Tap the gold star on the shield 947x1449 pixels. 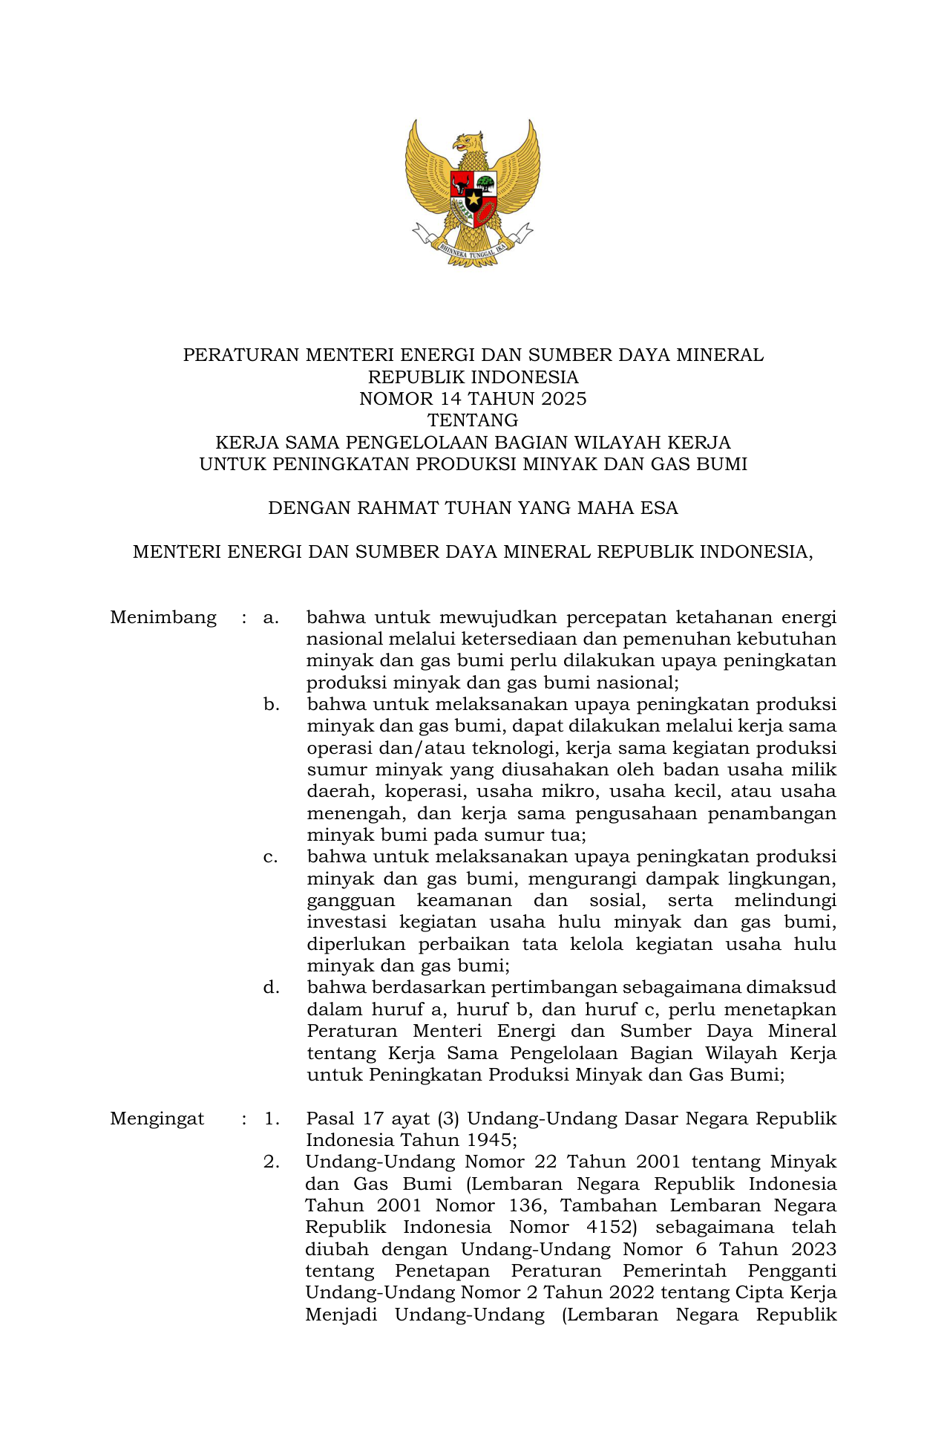click(473, 198)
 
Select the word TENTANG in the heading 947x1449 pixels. click(473, 420)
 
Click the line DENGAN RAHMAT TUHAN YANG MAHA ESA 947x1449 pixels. click(473, 508)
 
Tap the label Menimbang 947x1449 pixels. click(163, 617)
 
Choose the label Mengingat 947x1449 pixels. click(157, 1119)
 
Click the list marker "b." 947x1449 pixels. click(272, 704)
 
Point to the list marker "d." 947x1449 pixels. click(272, 987)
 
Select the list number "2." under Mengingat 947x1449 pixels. click(272, 1162)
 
